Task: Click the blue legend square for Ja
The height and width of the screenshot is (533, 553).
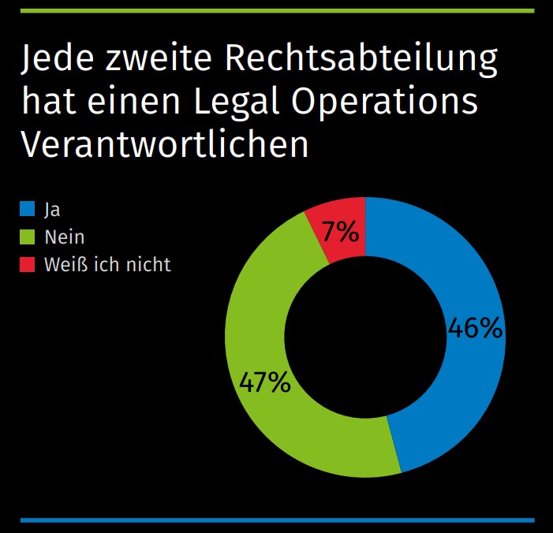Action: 28,209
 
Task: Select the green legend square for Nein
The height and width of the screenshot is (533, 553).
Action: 28,237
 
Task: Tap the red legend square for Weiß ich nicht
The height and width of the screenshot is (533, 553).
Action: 28,264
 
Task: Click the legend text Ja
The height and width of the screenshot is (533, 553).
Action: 52,210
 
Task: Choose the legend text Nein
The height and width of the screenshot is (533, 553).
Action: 65,237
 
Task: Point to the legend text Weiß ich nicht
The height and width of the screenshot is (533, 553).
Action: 107,264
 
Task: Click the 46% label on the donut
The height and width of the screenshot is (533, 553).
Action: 474,328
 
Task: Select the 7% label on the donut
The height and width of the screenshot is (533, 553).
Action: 340,232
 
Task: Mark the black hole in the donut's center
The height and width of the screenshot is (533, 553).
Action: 364,337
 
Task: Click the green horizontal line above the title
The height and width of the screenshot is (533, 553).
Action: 276,9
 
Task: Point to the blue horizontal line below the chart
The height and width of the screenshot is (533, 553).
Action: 276,520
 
